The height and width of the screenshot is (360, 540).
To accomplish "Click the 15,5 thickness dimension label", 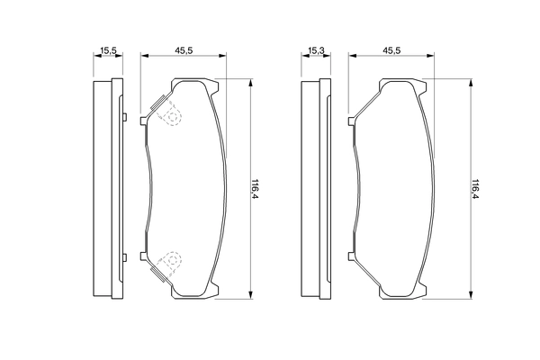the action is click(x=108, y=51).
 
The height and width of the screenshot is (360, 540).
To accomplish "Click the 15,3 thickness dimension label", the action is click(x=316, y=51).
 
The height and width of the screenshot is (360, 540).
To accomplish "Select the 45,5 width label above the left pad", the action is click(x=184, y=50).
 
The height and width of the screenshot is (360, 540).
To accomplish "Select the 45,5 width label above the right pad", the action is click(x=391, y=50).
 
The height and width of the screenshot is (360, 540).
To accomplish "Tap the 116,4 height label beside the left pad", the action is click(x=255, y=189).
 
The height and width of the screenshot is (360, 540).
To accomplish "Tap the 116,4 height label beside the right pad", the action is click(x=475, y=189).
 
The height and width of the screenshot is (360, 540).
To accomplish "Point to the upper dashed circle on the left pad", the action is click(x=171, y=116).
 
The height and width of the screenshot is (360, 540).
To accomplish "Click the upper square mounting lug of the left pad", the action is click(x=144, y=121).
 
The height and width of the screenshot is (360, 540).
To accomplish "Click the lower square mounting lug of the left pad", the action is click(x=144, y=256).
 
